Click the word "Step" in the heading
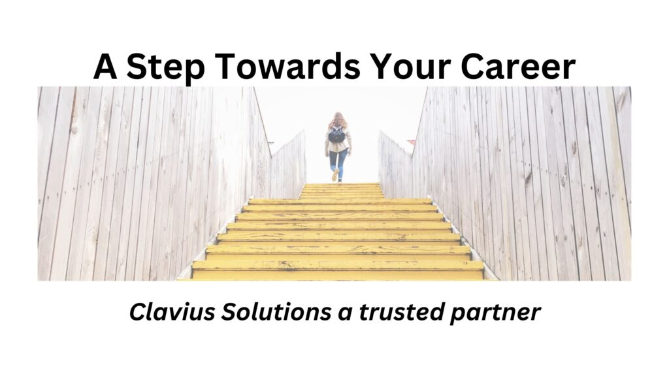[x=165, y=67]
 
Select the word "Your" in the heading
[x=410, y=66]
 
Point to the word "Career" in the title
[x=518, y=67]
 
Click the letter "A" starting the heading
[x=105, y=67]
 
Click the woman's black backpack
[x=336, y=134]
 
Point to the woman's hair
[x=337, y=120]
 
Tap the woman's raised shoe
[x=335, y=175]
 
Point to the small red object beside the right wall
[x=411, y=142]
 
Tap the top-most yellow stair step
[x=341, y=185]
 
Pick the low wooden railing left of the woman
[x=288, y=164]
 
